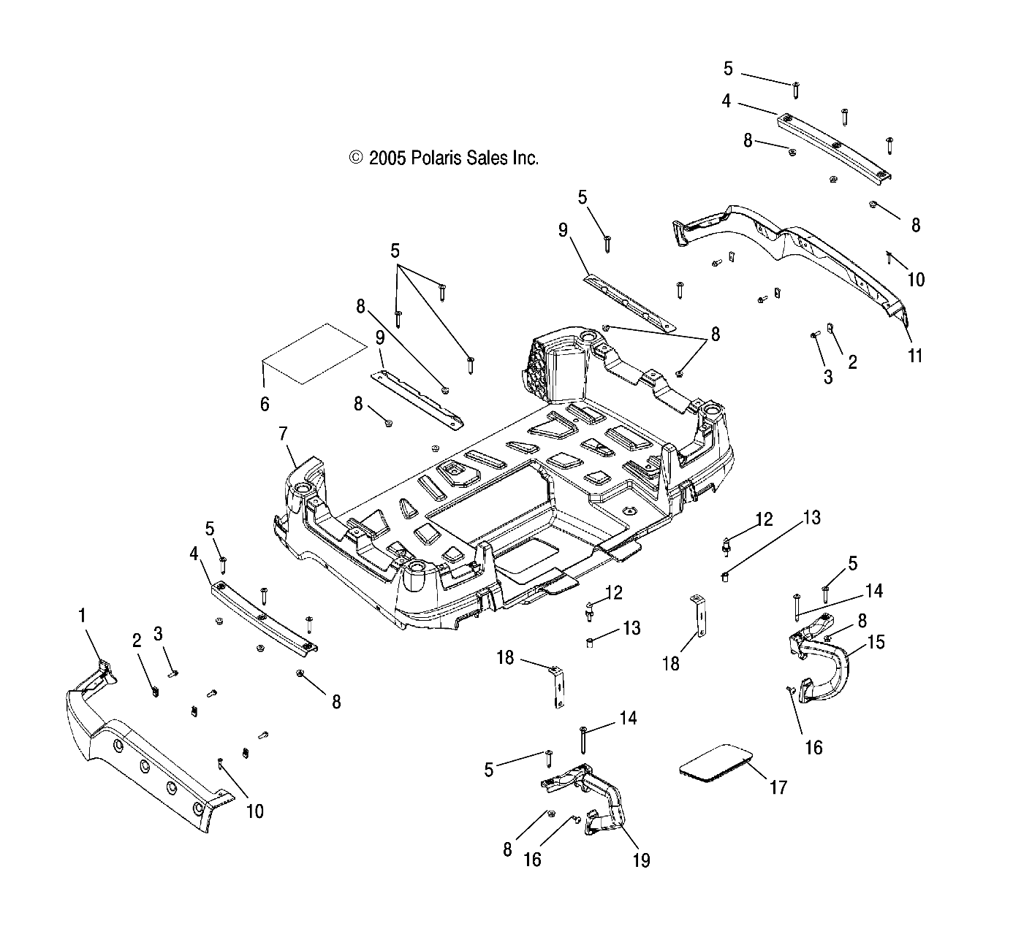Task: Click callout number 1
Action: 82,616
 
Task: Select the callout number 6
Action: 265,404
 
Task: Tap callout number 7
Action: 283,434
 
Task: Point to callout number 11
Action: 915,356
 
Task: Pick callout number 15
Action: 876,642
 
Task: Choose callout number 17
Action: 778,787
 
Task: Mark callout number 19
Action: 640,860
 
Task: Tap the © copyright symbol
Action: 356,158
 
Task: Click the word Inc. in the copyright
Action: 524,158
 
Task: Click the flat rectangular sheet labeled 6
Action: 314,353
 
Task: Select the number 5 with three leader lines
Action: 395,251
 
